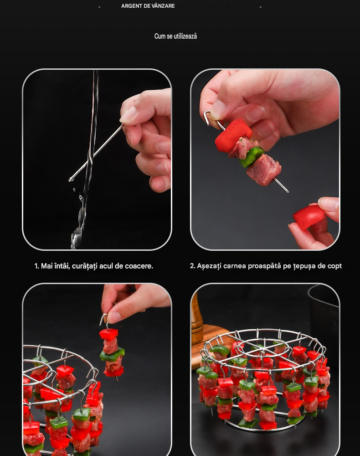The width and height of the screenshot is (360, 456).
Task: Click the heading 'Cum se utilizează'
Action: point(175,36)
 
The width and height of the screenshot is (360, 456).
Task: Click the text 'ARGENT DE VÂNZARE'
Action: point(148,6)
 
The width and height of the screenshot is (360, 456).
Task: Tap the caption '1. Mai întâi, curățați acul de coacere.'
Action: point(93,266)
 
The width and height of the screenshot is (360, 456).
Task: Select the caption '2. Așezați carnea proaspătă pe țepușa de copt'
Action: point(266,266)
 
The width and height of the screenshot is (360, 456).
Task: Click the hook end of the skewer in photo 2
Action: point(207,117)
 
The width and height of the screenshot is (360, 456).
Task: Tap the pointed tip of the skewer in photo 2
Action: point(288,192)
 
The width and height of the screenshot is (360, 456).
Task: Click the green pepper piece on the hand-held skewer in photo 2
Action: point(252,157)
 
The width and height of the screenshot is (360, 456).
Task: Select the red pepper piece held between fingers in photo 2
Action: point(309,217)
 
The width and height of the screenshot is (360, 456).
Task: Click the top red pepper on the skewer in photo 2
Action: point(233,135)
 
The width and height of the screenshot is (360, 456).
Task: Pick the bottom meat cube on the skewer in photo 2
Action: point(264,170)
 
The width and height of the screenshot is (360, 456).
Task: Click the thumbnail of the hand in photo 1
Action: point(128,114)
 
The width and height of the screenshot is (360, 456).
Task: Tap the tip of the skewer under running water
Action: point(70,180)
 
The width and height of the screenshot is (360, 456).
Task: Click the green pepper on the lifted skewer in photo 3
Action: point(112,355)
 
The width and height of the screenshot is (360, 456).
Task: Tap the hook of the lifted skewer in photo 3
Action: point(104,321)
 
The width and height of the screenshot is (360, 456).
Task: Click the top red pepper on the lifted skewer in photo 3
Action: point(108,334)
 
